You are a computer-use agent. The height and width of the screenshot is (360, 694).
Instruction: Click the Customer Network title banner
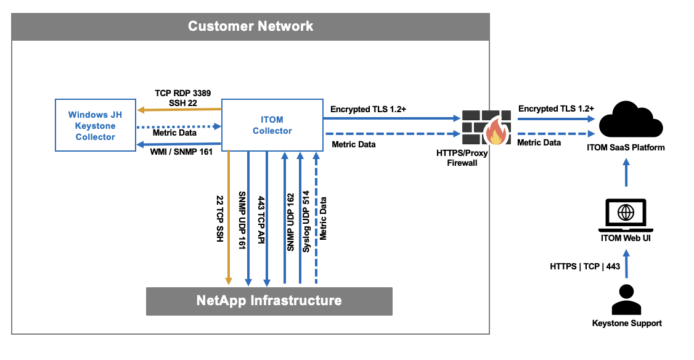coord(250,27)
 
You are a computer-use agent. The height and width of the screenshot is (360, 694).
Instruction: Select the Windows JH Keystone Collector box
coord(95,125)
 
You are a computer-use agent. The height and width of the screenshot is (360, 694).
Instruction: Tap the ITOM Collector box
coord(272,125)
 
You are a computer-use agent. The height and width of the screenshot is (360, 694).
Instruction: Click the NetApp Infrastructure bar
coord(269,301)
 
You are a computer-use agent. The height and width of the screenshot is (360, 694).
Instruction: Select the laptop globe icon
coord(626,213)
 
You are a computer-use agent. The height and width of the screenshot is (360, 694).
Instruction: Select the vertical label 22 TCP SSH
coord(219,219)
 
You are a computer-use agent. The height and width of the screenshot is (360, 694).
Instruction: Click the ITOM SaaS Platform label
coord(626,147)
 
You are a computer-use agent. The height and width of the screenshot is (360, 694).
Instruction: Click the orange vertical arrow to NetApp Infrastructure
coord(229,216)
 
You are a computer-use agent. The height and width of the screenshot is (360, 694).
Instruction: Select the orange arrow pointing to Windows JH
coord(179,110)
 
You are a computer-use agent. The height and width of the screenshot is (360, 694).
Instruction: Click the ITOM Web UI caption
coord(626,238)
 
